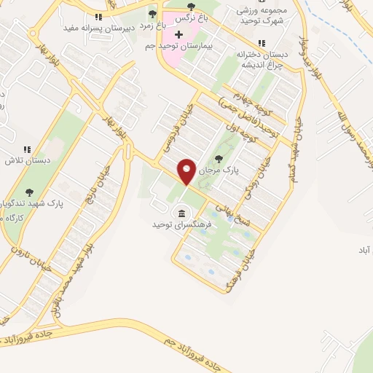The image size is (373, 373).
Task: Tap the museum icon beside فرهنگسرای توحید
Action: [x=180, y=213]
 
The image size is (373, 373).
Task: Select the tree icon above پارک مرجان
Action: [x=218, y=157]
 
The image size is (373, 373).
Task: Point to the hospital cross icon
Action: [x=178, y=35]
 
